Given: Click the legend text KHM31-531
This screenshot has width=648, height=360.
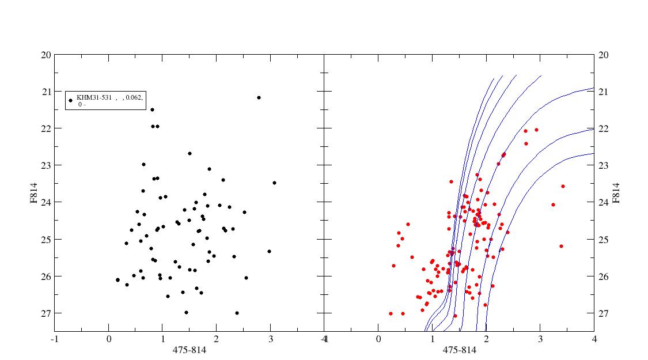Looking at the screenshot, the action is click(x=94, y=97).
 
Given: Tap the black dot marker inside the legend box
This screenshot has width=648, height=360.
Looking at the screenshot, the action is click(x=70, y=100).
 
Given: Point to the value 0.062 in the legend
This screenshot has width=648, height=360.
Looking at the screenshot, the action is click(x=134, y=97).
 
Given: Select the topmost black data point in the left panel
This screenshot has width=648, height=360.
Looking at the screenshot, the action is click(x=259, y=97).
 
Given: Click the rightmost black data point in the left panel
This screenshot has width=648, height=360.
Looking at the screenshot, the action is click(x=274, y=183).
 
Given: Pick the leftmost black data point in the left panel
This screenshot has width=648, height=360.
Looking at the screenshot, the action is click(x=118, y=280).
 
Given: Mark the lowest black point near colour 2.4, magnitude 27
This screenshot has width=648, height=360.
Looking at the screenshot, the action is click(x=237, y=313).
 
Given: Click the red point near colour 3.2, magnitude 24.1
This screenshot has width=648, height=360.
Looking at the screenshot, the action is click(x=553, y=204).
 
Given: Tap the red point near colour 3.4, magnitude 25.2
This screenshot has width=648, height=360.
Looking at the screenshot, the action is click(x=561, y=246).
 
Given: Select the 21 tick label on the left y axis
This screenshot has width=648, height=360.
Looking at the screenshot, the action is click(x=47, y=92).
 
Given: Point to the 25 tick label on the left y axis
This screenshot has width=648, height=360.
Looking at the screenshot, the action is click(x=47, y=240).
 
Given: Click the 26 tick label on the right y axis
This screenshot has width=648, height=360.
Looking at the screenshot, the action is click(x=604, y=276).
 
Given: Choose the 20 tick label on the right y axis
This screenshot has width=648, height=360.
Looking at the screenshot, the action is click(x=604, y=55).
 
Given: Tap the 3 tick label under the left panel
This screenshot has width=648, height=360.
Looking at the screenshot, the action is click(x=271, y=339).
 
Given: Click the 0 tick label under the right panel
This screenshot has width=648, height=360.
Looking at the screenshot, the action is click(x=378, y=339).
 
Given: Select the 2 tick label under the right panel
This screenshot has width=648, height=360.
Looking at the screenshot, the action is click(x=486, y=339).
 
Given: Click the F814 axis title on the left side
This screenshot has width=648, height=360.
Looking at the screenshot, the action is click(x=34, y=193).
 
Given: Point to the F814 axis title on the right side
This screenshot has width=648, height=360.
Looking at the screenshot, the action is click(x=616, y=193).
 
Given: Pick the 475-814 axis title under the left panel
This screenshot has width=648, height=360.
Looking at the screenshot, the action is click(x=190, y=350).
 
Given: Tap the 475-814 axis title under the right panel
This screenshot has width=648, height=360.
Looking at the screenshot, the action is click(x=459, y=350).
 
